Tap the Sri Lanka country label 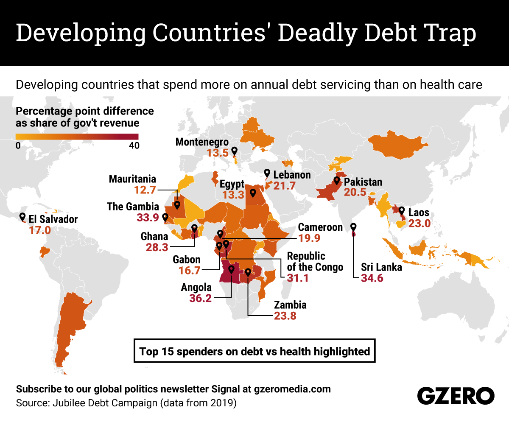381,267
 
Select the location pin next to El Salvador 22,217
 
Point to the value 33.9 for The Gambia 147,218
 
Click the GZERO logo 456,396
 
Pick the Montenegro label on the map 202,142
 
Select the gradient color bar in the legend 77,137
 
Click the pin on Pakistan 337,181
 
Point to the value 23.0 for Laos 419,224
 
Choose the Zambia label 290,305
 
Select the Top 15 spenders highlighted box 255,351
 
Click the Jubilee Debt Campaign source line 126,403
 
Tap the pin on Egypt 253,193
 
